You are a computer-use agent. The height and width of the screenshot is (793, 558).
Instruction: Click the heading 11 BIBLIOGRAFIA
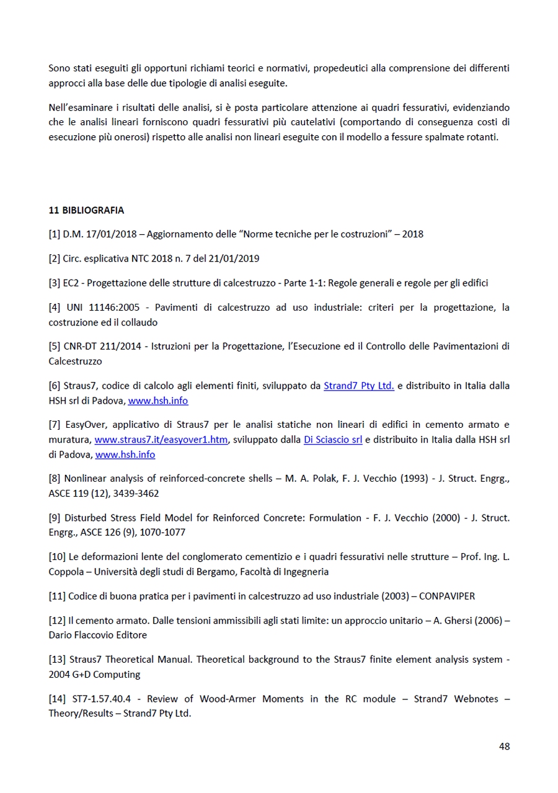[86, 210]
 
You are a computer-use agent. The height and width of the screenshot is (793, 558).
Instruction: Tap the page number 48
[504, 746]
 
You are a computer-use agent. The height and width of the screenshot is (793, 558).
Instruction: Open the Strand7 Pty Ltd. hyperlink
[358, 386]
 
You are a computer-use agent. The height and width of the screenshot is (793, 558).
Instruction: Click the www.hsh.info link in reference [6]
[158, 401]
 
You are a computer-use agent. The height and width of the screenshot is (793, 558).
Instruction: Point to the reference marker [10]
[56, 557]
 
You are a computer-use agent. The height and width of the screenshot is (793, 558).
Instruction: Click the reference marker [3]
[54, 283]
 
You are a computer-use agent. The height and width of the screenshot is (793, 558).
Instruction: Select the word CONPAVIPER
[446, 596]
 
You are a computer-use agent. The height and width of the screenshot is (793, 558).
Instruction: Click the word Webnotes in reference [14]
[476, 699]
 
